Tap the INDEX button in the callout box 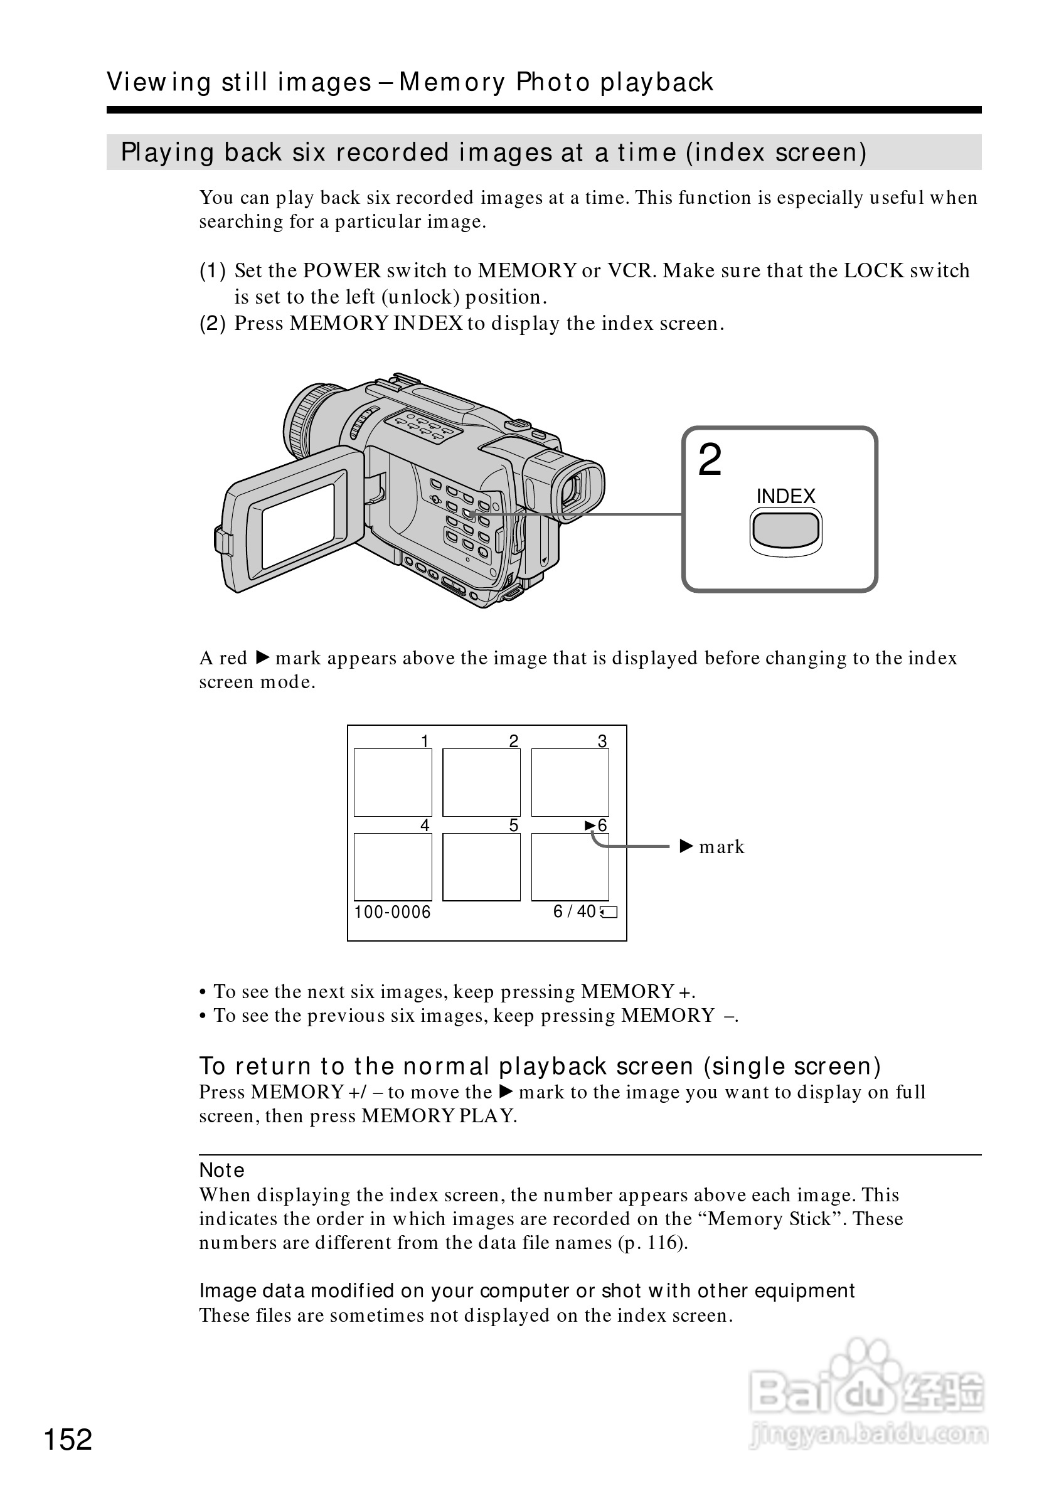[x=785, y=530]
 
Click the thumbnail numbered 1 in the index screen [x=393, y=782]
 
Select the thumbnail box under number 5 [x=481, y=866]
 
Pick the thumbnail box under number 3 [x=570, y=782]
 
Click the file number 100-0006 [x=392, y=911]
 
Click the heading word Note [x=221, y=1170]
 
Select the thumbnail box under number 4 [x=393, y=866]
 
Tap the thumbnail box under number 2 [x=481, y=782]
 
